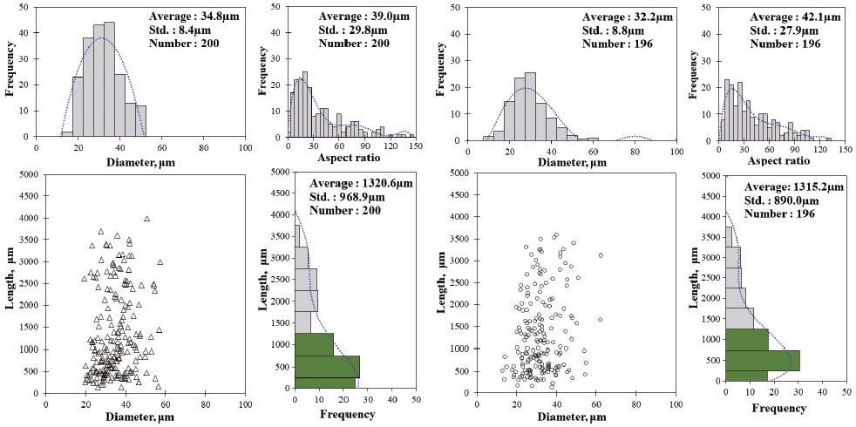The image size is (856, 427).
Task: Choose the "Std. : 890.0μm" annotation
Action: tap(781, 199)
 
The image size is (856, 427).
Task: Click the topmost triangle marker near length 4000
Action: tap(146, 219)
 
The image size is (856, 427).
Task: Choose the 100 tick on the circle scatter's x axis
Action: tap(677, 404)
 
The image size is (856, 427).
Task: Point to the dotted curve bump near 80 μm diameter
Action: tap(635, 138)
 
